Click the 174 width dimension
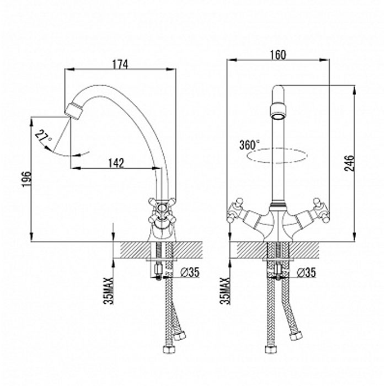[x=120, y=65]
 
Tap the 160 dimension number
[x=278, y=55]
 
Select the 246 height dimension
[x=349, y=163]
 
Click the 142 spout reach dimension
[x=116, y=163]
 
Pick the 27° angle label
[x=44, y=137]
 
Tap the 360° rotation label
[x=250, y=144]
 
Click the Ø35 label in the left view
[x=190, y=272]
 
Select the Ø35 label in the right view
[x=306, y=272]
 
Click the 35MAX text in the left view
[x=109, y=291]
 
